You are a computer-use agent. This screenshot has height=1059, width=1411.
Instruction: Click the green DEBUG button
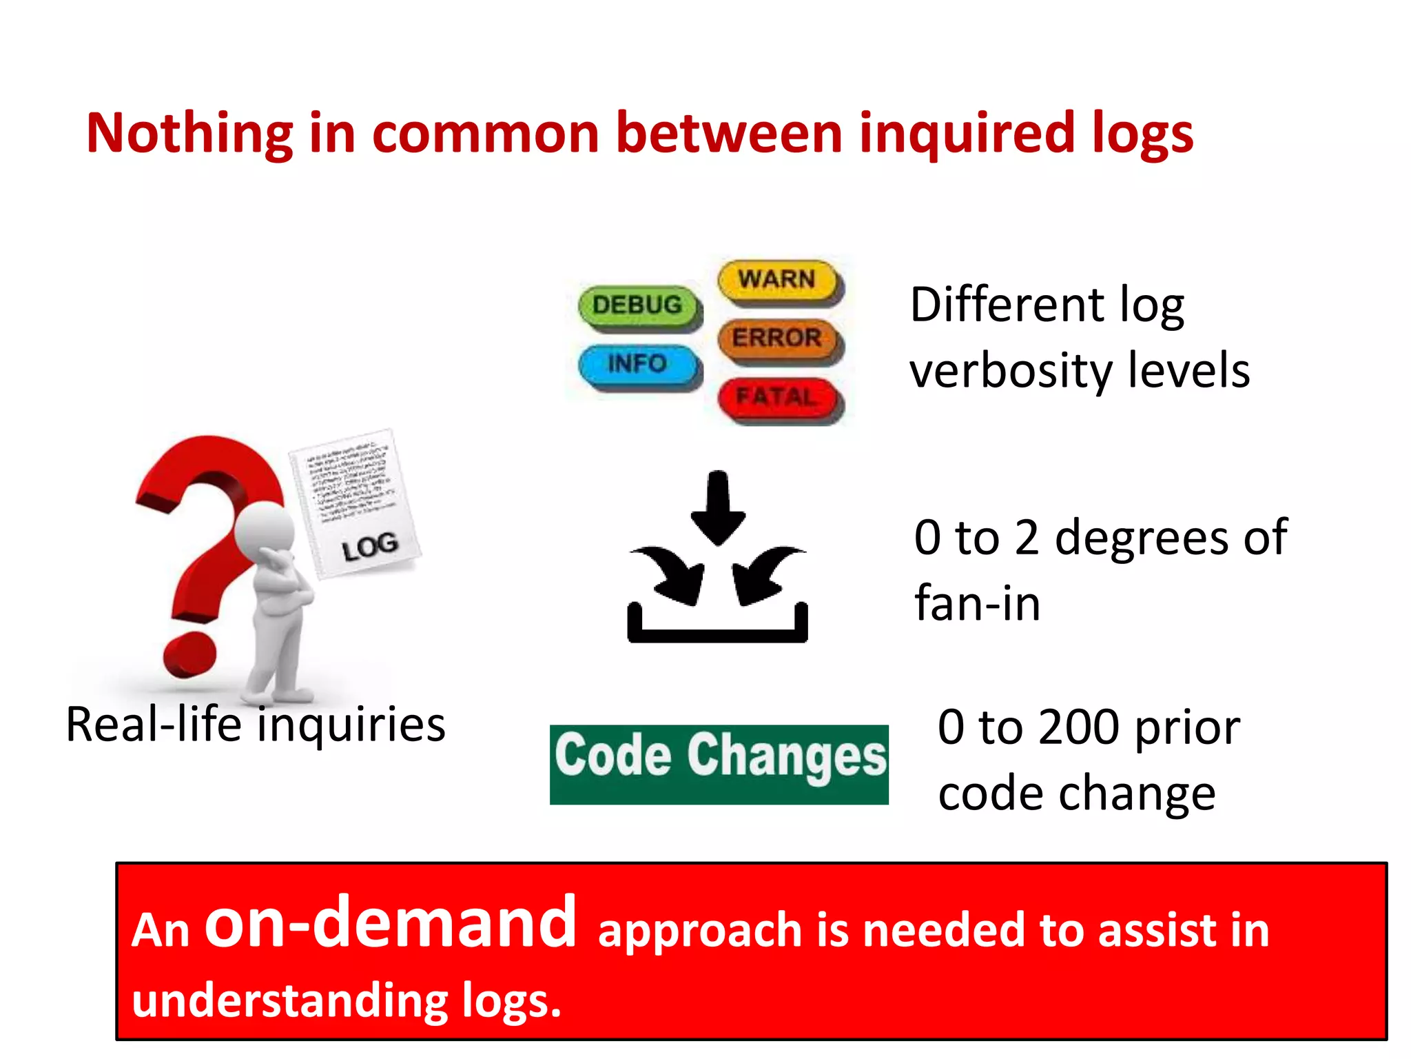click(x=638, y=305)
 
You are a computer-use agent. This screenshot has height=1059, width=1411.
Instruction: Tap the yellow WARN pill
click(x=778, y=280)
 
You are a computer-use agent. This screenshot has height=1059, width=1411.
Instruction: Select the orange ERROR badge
click(x=778, y=339)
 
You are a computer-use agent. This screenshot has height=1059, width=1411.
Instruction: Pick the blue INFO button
click(x=638, y=364)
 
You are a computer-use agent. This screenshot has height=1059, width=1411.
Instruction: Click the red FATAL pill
click(x=778, y=398)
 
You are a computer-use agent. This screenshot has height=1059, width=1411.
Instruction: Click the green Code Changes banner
click(x=719, y=764)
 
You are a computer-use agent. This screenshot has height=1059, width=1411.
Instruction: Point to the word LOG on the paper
click(x=370, y=547)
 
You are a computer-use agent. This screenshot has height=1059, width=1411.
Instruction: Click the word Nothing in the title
click(x=189, y=133)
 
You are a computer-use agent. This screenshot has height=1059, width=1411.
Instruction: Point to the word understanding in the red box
click(x=289, y=1000)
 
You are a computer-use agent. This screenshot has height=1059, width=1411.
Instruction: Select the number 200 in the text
click(x=1078, y=727)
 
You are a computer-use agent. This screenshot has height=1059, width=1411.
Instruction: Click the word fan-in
click(x=977, y=603)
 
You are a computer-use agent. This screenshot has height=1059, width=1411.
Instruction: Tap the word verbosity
click(x=1010, y=371)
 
